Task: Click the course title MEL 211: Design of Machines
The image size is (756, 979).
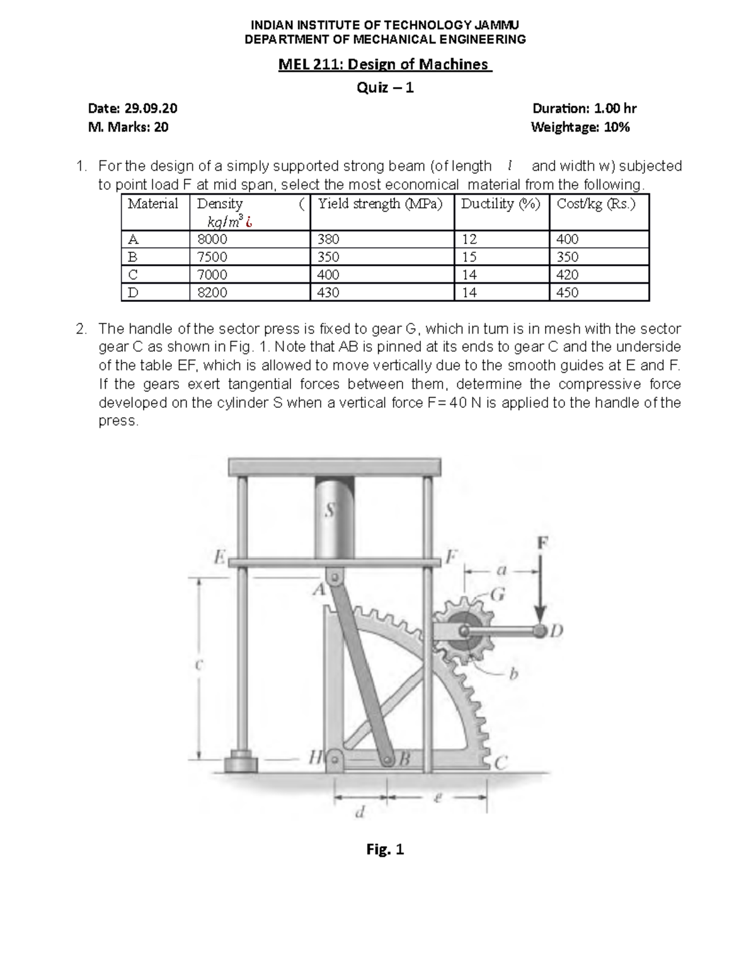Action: (x=385, y=64)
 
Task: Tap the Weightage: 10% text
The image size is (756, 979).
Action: (x=580, y=127)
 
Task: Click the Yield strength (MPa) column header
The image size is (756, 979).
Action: (x=380, y=204)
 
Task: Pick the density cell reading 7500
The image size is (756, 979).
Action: (x=212, y=257)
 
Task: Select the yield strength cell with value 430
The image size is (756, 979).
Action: (x=329, y=293)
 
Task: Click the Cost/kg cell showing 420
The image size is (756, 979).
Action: (x=568, y=275)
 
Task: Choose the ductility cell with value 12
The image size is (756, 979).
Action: (x=469, y=240)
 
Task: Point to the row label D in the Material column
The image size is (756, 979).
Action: (x=133, y=293)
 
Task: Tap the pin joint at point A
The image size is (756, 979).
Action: (x=335, y=577)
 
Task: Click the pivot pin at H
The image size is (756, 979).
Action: (x=335, y=759)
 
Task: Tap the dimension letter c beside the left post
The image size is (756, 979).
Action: (x=198, y=664)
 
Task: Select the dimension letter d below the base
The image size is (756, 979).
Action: (x=360, y=812)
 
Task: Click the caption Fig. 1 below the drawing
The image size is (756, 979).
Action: (x=385, y=850)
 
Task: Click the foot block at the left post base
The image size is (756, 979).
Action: (x=241, y=762)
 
